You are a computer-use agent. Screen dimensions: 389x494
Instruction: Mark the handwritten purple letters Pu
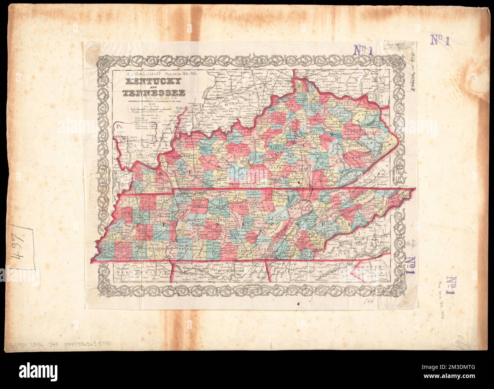(121, 128)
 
